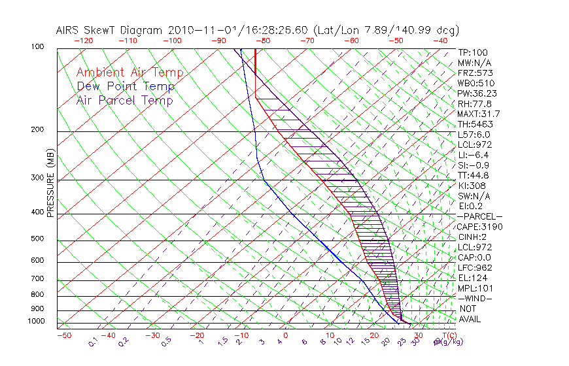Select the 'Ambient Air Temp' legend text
tap(129, 73)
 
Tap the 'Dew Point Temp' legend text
tap(125, 86)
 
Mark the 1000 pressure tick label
tap(37, 322)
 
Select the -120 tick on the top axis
tap(84, 41)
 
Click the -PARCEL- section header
tap(479, 216)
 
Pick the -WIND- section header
tap(475, 298)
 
